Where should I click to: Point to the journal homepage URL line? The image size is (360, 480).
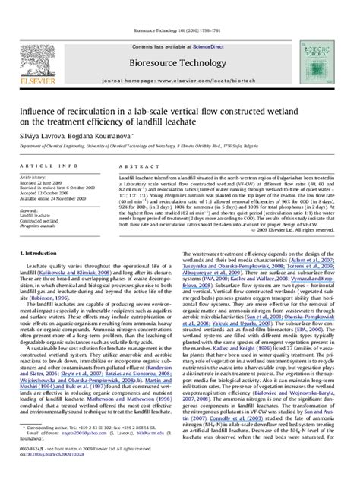tap(180, 79)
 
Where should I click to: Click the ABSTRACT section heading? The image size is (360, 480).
tap(134, 165)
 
